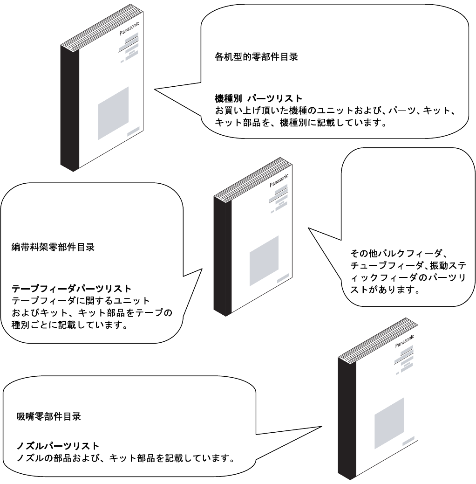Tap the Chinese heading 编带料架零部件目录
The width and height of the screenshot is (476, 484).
[53, 248]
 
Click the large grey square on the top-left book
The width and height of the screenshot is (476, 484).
[113, 113]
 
